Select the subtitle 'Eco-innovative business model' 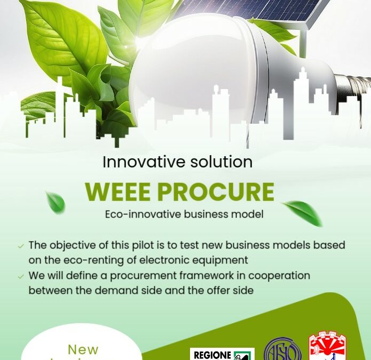tap(184, 214)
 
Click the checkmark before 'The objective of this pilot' tap(21, 246)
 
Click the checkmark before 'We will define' tap(21, 277)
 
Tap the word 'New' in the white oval tap(83, 350)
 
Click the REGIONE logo tap(222, 355)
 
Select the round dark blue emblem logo tap(282, 350)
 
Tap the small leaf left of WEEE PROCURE tap(56, 203)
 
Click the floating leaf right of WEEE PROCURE tap(303, 212)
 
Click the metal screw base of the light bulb tap(353, 87)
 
